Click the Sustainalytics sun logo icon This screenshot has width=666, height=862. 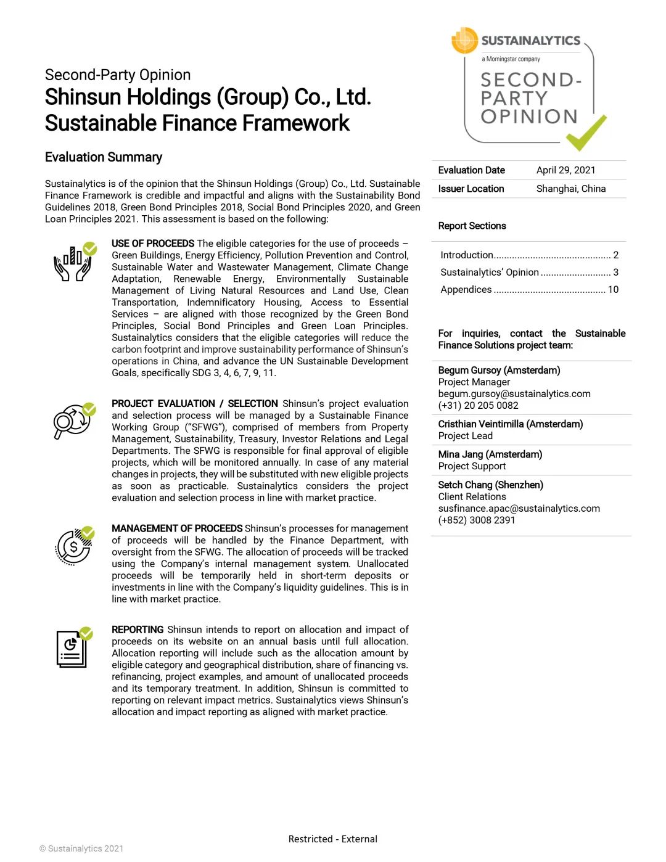pos(465,41)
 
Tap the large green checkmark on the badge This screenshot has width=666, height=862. pos(586,133)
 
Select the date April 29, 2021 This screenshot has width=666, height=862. pos(565,170)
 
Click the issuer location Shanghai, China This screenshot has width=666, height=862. pos(570,189)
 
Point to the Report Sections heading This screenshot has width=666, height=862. pos(472,226)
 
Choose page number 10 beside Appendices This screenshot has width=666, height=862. pos(613,289)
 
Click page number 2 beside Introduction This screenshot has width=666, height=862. pos(615,255)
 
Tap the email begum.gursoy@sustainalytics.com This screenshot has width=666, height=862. pos(514,393)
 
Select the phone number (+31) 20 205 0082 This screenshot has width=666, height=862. pos(478,405)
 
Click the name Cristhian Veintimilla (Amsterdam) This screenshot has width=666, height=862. pos(510,424)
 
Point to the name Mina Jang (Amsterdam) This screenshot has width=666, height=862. pos(490,454)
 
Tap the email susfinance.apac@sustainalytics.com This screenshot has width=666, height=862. pos(519,508)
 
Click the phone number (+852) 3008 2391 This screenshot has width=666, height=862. pos(477,520)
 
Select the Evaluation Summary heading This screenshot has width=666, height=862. pos(104,157)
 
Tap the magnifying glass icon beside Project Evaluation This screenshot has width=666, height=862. pos(73,421)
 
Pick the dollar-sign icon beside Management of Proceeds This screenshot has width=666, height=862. pos(74,546)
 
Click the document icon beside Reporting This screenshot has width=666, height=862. pos(72,647)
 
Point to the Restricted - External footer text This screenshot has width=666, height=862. pos(333,839)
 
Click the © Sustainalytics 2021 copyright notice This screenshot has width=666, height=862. pos(81,848)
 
